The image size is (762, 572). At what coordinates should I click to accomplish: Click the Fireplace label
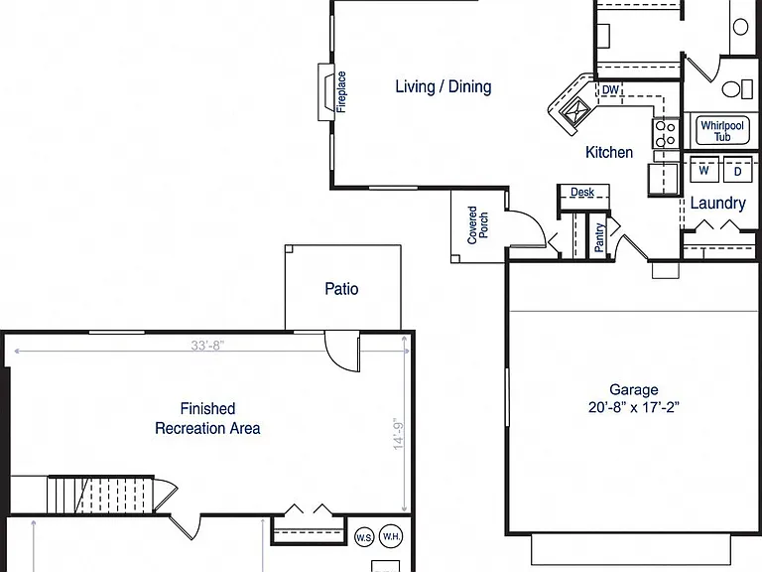(341, 92)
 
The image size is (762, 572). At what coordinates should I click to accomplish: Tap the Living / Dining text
(444, 87)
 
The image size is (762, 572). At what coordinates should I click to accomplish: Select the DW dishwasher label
(610, 90)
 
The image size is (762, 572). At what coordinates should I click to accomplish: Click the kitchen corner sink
(574, 111)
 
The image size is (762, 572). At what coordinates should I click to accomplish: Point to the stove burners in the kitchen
(666, 133)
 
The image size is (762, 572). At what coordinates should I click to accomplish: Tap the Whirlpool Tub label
(722, 131)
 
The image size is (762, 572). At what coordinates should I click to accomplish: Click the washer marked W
(704, 170)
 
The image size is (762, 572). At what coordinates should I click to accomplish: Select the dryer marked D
(738, 170)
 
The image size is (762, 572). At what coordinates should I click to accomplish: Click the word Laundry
(717, 203)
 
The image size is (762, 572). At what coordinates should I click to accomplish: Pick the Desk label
(582, 192)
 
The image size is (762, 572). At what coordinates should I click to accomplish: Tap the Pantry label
(599, 237)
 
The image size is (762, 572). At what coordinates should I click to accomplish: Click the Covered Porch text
(477, 224)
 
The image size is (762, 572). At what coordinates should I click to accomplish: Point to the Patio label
(341, 289)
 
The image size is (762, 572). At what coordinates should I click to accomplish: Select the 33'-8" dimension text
(207, 346)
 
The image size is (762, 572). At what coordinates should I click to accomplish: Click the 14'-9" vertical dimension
(399, 434)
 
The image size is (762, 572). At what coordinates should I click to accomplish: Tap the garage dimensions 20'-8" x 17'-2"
(634, 407)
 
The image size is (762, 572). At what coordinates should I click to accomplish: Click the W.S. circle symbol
(364, 537)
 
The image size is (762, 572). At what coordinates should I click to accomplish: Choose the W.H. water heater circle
(391, 536)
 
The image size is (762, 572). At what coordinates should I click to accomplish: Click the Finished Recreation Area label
(207, 418)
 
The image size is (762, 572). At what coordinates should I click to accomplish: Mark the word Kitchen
(609, 152)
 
